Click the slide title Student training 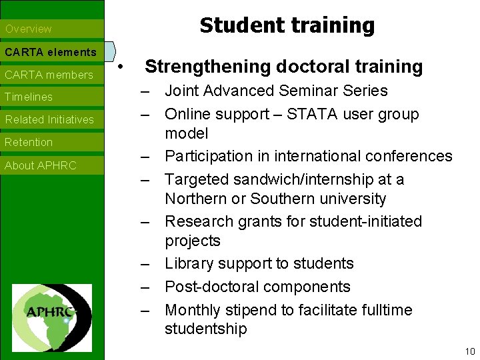pos(287,25)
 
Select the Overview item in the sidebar pos(29,29)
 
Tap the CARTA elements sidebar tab pos(51,52)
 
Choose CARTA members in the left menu pos(49,75)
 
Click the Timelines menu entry pos(29,97)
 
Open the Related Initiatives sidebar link pos(49,120)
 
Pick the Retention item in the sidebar pos(29,143)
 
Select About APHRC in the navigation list pos(41,165)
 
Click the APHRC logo pos(52,309)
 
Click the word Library pos(188,263)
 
